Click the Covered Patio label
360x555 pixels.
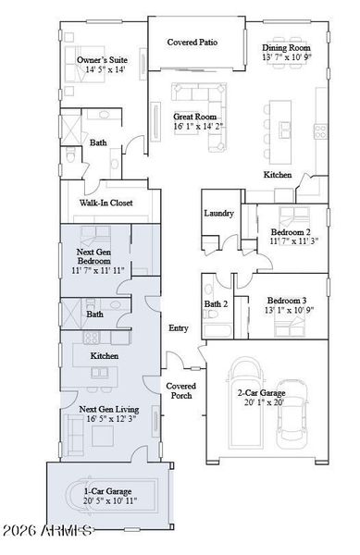pyautogui.click(x=192, y=43)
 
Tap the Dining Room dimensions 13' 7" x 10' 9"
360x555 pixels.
pyautogui.click(x=287, y=57)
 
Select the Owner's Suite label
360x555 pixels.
pyautogui.click(x=102, y=60)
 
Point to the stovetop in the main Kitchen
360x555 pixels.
pyautogui.click(x=321, y=131)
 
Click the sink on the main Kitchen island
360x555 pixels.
pyautogui.click(x=285, y=129)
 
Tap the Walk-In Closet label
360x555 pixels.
pyautogui.click(x=106, y=203)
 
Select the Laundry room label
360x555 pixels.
pyautogui.click(x=218, y=213)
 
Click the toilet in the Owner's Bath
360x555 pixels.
pyautogui.click(x=70, y=154)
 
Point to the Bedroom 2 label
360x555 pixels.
pyautogui.click(x=291, y=232)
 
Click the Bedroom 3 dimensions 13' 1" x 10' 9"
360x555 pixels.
pyautogui.click(x=290, y=310)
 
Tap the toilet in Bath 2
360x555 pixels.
pyautogui.click(x=210, y=314)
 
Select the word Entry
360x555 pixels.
pyautogui.click(x=178, y=328)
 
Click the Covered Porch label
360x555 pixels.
pyautogui.click(x=180, y=390)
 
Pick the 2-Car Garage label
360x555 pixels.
pyautogui.click(x=261, y=393)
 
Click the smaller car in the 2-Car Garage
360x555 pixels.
pyautogui.click(x=292, y=414)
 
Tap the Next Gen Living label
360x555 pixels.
pyautogui.click(x=109, y=410)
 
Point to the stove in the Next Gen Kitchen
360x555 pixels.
pyautogui.click(x=92, y=338)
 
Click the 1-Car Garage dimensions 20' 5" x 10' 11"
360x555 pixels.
pyautogui.click(x=110, y=500)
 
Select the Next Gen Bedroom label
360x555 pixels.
pyautogui.click(x=93, y=256)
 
